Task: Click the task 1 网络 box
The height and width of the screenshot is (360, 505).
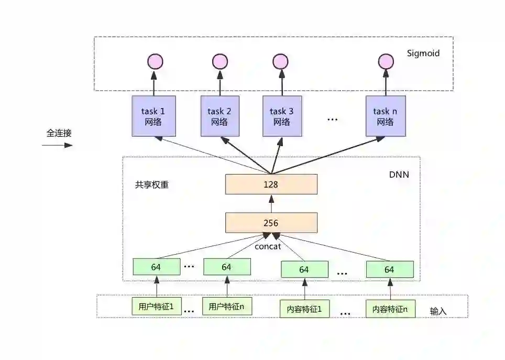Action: point(153,116)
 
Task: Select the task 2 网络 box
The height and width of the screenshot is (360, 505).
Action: point(219,116)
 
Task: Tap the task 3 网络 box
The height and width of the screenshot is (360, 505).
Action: point(281,116)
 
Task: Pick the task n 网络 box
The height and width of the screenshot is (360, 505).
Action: point(385,116)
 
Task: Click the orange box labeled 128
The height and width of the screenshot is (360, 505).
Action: point(271,184)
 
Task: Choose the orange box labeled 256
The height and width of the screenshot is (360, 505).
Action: point(271,223)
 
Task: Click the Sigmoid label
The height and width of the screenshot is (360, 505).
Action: point(423,53)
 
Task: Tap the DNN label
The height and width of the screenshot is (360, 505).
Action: point(399,174)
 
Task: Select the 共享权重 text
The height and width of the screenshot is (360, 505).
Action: point(152,185)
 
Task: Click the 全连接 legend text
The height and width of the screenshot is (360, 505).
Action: point(59,133)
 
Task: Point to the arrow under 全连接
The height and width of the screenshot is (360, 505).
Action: point(58,145)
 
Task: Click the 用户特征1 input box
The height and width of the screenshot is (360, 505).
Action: point(156,307)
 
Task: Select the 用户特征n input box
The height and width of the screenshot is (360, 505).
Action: point(227,307)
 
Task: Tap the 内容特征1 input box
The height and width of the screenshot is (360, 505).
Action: point(304,309)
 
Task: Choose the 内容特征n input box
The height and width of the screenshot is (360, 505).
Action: point(389,309)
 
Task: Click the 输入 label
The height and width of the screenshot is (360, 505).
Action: point(438,311)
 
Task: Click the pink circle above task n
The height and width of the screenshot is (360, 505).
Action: point(386,62)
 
